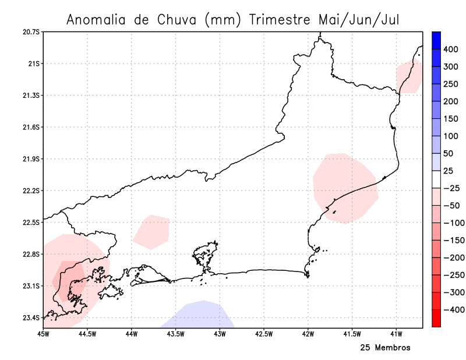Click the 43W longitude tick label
click(220, 334)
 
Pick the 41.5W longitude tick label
click(352, 334)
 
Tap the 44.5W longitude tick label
click(87, 334)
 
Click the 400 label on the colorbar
click(451, 50)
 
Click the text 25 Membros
click(385, 348)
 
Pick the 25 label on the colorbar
click(449, 171)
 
